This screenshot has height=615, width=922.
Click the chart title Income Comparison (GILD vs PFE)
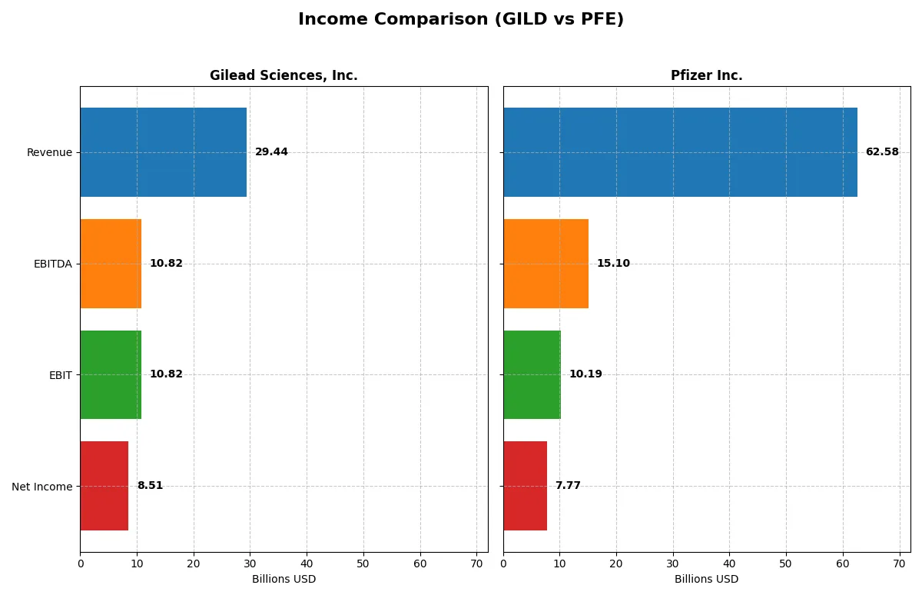[460, 20]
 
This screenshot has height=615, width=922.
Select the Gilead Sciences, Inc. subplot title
[284, 75]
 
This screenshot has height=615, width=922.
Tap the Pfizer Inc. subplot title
[706, 75]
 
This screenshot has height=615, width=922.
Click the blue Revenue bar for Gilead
[163, 152]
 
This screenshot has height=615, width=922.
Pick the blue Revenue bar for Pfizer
[680, 152]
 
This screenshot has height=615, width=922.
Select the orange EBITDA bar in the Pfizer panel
[546, 264]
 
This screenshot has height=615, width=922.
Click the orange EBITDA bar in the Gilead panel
[111, 264]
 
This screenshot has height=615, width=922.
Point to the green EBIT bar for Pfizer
[532, 374]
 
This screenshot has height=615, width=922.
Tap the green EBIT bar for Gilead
[111, 374]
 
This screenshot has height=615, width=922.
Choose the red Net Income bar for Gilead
[104, 486]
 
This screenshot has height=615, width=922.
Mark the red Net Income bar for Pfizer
[525, 486]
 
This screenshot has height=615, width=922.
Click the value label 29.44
[271, 152]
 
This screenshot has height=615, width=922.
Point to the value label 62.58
[881, 152]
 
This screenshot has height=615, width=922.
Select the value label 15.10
[613, 264]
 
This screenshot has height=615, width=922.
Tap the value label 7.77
[568, 486]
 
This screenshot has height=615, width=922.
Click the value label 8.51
[150, 486]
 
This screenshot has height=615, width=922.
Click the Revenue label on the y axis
[49, 152]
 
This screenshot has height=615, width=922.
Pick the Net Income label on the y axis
[42, 487]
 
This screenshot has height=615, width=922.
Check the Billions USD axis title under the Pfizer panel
[706, 580]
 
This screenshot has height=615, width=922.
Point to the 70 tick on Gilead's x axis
[476, 563]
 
